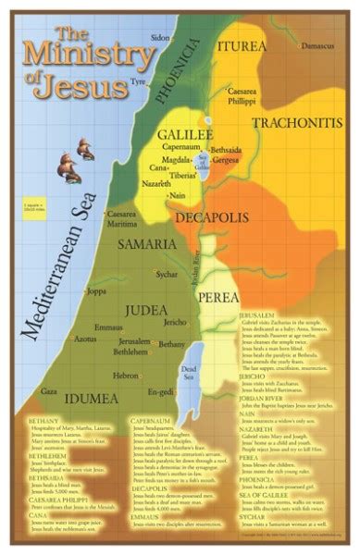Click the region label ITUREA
coord(236,44)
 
